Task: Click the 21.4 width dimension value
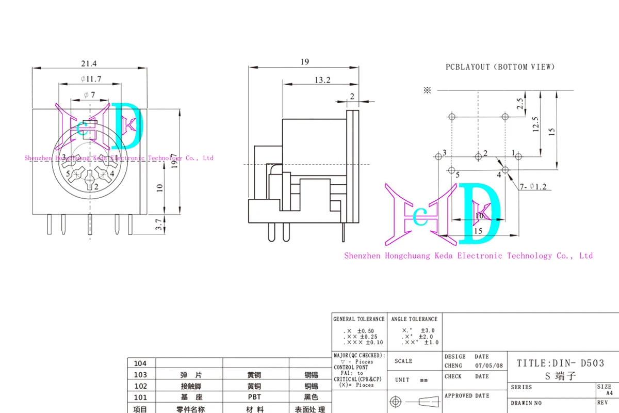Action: (x=89, y=63)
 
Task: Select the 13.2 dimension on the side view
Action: (x=322, y=80)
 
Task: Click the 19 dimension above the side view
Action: (x=304, y=62)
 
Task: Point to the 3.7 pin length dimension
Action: (x=159, y=224)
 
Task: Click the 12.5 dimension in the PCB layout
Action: (x=535, y=124)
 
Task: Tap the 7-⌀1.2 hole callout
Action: (x=533, y=186)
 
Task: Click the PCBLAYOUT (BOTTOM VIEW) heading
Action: (x=500, y=67)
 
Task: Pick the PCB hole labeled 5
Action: (x=451, y=170)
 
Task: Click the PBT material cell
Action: (x=254, y=397)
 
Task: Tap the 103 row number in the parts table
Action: (x=140, y=374)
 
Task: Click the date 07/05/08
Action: (x=488, y=366)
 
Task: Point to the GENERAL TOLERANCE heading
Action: (x=359, y=319)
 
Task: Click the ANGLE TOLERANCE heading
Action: (x=414, y=319)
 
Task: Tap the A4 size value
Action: (x=609, y=393)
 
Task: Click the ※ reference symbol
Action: (x=427, y=90)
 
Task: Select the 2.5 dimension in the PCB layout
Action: (x=520, y=103)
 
